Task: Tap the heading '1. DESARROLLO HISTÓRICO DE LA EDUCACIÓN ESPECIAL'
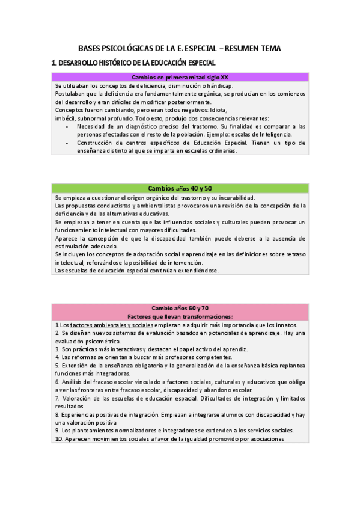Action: tap(133, 63)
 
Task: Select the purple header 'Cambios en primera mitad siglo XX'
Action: tap(180, 77)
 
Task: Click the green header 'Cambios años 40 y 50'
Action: tap(180, 188)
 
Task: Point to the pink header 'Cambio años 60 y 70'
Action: tap(180, 308)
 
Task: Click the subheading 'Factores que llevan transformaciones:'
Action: tap(180, 316)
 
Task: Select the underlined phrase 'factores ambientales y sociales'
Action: tap(112, 325)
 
